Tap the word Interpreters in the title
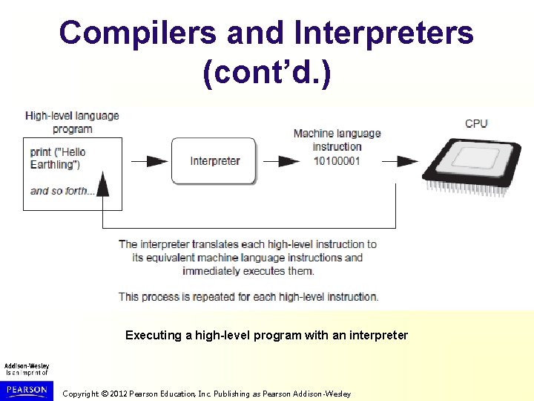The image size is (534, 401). pos(383,33)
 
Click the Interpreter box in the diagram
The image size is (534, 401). pos(214,161)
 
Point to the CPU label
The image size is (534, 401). pos(476,123)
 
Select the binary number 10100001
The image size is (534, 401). pos(337,160)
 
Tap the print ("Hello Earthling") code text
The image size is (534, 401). pos(59,158)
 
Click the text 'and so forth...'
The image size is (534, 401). pos(62,191)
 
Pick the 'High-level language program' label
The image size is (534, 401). pos(72,122)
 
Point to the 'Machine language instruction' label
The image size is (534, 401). pos(337,140)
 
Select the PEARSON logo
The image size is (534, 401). pos(27,389)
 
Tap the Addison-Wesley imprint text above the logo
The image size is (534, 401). pos(27,369)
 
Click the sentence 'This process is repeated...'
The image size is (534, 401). pos(248,296)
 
